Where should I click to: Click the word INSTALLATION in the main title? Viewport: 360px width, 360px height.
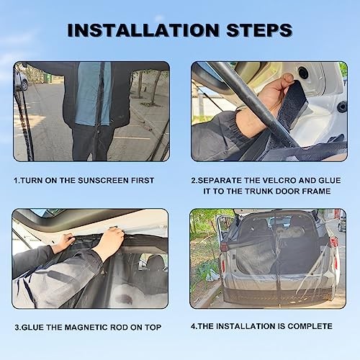pos(143,30)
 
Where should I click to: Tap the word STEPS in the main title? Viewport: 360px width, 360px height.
pos(259,30)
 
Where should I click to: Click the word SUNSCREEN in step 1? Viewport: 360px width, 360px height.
pos(103,181)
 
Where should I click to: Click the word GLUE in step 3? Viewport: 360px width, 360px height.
pos(32,328)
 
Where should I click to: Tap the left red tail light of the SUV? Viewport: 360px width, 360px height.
pos(224,247)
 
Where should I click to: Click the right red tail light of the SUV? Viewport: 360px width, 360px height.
pos(333,242)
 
